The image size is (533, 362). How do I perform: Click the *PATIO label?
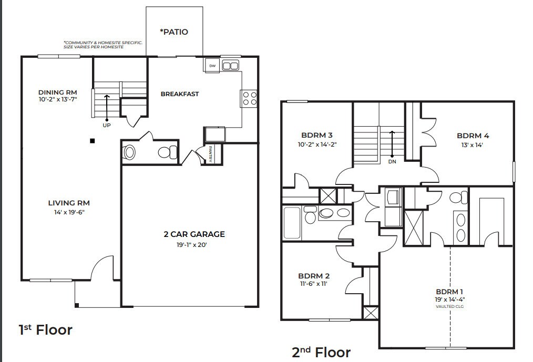173,32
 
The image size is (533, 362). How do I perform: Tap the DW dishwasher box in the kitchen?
212,66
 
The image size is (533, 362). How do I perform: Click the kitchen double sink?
230,66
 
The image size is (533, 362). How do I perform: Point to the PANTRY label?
210,154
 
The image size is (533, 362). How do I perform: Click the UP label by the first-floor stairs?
107,125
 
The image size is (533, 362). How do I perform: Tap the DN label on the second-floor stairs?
393,162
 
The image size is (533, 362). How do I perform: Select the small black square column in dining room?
92,141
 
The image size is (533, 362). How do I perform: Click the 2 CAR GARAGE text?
193,234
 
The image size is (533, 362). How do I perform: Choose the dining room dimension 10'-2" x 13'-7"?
58,99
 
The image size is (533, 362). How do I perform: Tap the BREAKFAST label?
180,94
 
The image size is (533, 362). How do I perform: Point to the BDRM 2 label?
314,276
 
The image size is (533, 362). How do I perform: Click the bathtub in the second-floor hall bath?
291,222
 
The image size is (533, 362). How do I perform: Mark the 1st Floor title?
45,330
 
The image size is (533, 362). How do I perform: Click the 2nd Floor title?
321,351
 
